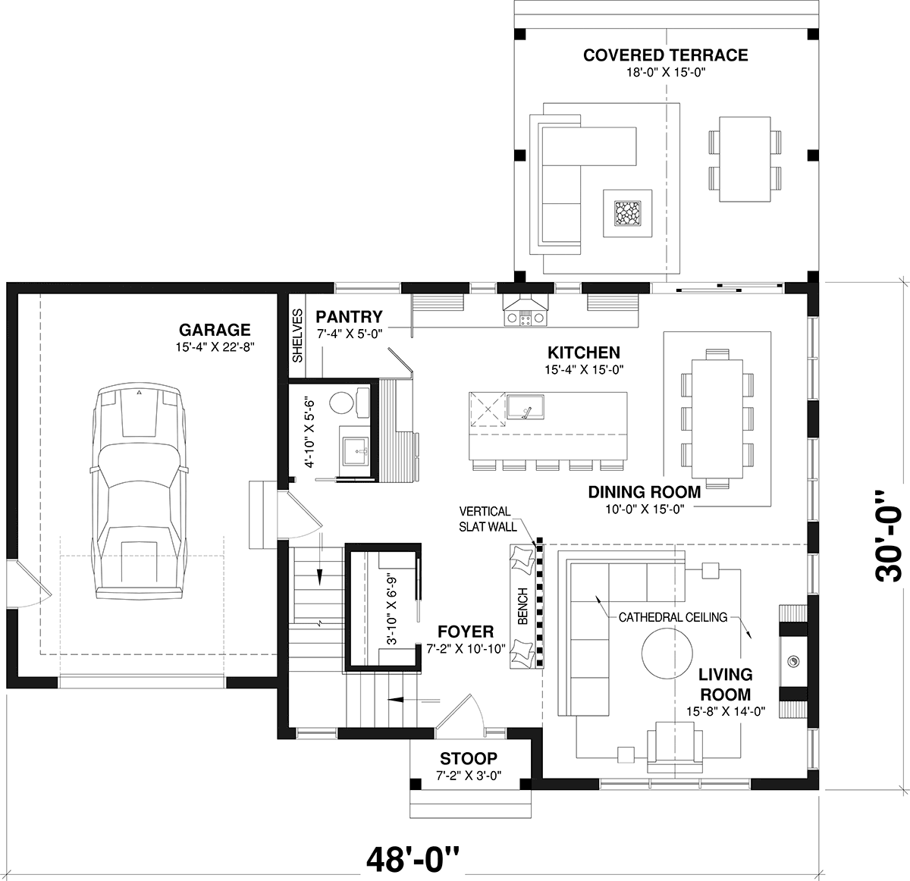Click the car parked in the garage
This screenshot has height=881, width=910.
(x=139, y=492)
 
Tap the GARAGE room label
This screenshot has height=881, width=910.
(x=215, y=330)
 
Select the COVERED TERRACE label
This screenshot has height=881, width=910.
(x=665, y=55)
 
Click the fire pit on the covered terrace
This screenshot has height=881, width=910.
(x=628, y=214)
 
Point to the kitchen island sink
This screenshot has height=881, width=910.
(x=526, y=407)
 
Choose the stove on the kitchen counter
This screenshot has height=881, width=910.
(x=526, y=318)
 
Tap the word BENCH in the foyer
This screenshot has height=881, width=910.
(x=522, y=606)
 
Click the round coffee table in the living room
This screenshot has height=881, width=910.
(x=667, y=654)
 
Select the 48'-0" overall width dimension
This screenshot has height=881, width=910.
(x=413, y=859)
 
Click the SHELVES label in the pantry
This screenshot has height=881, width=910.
(x=297, y=336)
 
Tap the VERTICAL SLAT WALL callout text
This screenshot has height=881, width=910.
(x=488, y=519)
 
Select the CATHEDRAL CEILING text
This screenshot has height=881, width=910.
(x=673, y=617)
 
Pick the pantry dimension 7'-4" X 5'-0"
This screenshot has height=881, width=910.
(x=350, y=334)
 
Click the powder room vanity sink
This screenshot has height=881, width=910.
(x=356, y=452)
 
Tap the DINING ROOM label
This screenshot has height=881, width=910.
(x=645, y=492)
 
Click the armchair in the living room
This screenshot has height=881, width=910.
(x=675, y=747)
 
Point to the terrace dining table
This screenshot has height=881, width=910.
(x=745, y=159)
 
